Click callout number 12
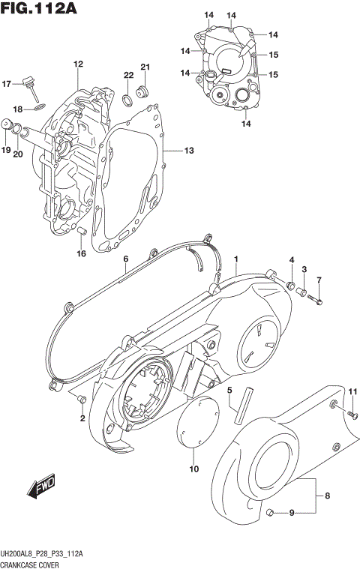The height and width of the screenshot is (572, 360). click(x=76, y=64)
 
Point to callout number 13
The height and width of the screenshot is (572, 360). click(x=189, y=151)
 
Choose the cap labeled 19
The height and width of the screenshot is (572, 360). click(x=12, y=127)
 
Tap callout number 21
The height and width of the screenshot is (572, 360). click(x=145, y=67)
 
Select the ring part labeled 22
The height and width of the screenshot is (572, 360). click(x=128, y=97)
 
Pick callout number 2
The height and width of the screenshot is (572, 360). click(x=82, y=418)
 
